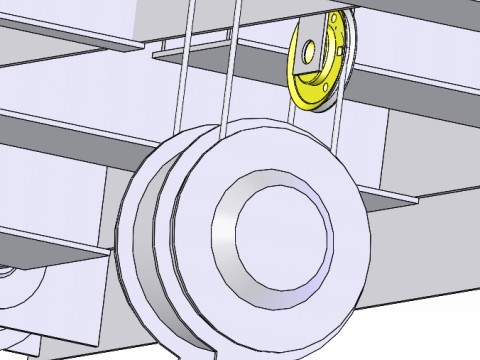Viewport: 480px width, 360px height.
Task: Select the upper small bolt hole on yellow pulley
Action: (x=333, y=21)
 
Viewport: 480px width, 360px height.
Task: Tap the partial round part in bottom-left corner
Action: (x=20, y=290)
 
